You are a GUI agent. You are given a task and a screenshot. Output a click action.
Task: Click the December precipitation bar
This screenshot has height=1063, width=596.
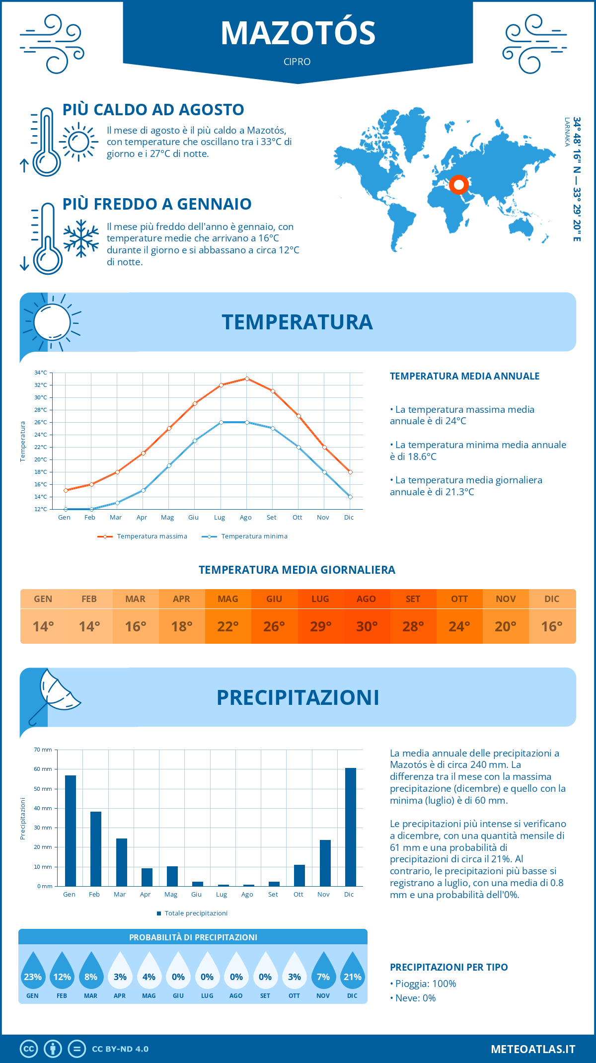tap(351, 827)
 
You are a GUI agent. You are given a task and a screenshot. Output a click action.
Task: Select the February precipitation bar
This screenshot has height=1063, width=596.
tap(96, 849)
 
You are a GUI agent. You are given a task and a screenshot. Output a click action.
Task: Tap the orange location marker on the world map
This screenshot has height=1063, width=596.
tap(459, 185)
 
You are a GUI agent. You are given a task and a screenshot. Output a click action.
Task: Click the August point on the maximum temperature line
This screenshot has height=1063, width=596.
tap(247, 379)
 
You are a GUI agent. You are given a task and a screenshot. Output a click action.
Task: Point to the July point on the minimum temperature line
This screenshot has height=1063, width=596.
tap(221, 422)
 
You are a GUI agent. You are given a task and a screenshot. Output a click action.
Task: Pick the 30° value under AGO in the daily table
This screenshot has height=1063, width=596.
tap(367, 626)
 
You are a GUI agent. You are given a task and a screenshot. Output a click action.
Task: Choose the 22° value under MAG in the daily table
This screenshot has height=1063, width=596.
tap(228, 626)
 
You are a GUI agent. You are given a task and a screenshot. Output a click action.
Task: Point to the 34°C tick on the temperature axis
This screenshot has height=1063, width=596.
tap(41, 373)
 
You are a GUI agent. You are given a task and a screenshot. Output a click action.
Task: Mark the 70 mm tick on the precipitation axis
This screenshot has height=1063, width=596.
tap(43, 750)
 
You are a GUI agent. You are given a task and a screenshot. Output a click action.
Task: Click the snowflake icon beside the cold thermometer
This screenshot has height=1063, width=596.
tap(81, 238)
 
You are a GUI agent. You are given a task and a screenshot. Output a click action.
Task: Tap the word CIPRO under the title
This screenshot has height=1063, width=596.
tap(297, 62)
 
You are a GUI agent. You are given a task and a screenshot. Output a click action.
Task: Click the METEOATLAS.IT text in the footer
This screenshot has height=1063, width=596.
tap(533, 1049)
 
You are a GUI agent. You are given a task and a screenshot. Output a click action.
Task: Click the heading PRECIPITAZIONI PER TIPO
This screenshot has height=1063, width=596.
tap(449, 967)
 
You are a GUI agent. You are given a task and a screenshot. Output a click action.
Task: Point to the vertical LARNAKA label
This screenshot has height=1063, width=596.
tap(567, 132)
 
